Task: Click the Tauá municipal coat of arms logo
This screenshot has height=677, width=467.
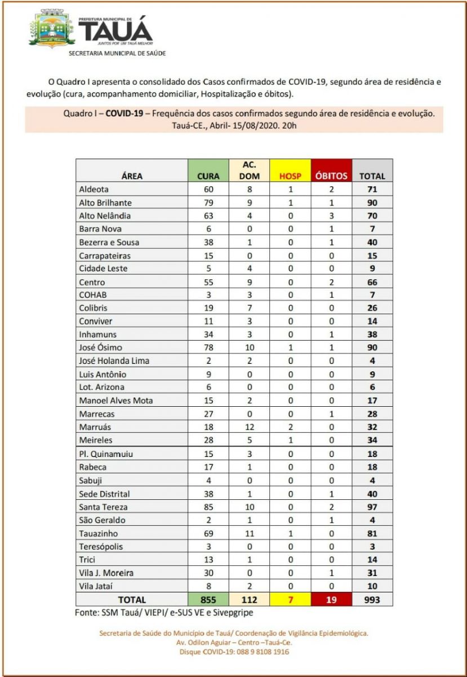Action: click(51, 29)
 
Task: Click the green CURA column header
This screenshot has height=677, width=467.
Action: click(208, 175)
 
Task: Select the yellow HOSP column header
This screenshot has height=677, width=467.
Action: click(291, 175)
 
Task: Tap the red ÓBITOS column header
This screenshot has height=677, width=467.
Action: click(331, 175)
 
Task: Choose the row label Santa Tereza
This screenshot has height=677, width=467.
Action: click(103, 507)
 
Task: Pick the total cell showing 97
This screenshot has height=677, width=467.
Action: click(372, 507)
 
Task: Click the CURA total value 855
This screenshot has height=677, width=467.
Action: click(208, 600)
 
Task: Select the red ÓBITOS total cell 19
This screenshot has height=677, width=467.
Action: click(331, 600)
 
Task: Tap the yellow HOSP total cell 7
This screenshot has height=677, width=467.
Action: click(291, 600)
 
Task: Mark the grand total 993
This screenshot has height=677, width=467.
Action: click(372, 600)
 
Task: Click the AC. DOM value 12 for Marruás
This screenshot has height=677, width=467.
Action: click(249, 427)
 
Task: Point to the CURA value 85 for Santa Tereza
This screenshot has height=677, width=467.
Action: click(208, 507)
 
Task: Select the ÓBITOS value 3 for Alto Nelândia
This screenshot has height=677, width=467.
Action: click(331, 216)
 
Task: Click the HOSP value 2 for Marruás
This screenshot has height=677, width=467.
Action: click(291, 427)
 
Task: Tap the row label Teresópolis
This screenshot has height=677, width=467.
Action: click(101, 546)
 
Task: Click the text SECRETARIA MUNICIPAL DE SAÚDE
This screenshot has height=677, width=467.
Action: click(117, 54)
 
